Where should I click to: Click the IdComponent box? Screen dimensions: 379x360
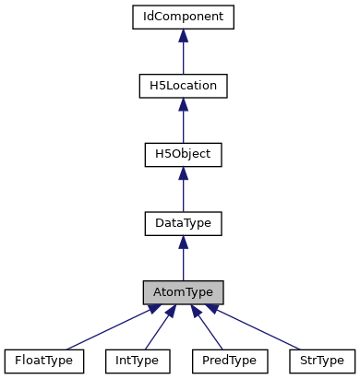pyautogui.click(x=184, y=17)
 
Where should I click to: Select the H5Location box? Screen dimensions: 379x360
pyautogui.click(x=184, y=86)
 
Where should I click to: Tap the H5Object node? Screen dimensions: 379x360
pyautogui.click(x=184, y=154)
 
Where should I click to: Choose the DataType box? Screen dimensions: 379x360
pyautogui.click(x=184, y=223)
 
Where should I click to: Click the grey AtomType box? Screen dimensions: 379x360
pyautogui.click(x=184, y=291)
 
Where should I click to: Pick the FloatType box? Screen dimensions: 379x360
pyautogui.click(x=43, y=360)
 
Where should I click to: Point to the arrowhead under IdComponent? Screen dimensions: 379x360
pyautogui.click(x=184, y=36)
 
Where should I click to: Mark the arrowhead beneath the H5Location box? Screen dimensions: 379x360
pyautogui.click(x=184, y=105)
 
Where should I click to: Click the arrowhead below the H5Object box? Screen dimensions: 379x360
pyautogui.click(x=184, y=173)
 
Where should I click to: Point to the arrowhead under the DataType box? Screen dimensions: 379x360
pyautogui.click(x=184, y=243)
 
